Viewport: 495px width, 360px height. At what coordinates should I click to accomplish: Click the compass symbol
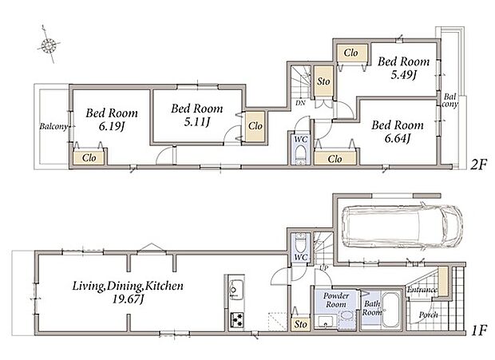click(49, 45)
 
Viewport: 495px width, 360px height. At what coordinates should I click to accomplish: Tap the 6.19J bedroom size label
click(112, 126)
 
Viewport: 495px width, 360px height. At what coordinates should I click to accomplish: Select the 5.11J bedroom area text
click(197, 121)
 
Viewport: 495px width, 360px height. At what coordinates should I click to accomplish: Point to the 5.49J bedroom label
click(404, 74)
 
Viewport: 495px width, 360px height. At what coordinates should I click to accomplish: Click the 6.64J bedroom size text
click(397, 138)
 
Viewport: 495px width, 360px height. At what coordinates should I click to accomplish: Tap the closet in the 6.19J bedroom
click(89, 157)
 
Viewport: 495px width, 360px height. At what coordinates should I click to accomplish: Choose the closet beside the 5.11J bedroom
click(255, 126)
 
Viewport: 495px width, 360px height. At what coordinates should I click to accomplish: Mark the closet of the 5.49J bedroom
click(351, 53)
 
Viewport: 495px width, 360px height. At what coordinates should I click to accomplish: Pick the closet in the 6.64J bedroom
click(335, 158)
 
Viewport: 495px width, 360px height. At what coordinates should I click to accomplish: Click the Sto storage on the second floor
click(323, 81)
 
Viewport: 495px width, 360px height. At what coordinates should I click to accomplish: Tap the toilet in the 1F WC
click(300, 243)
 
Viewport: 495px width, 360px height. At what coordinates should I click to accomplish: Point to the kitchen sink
click(236, 290)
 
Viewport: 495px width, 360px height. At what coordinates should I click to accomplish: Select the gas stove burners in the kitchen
click(236, 319)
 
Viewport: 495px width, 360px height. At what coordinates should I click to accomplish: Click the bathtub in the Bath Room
click(390, 311)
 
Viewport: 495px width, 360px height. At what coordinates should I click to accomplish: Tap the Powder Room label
click(336, 300)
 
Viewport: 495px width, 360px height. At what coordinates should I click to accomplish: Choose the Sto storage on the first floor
click(300, 324)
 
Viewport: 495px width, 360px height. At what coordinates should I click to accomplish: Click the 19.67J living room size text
click(128, 299)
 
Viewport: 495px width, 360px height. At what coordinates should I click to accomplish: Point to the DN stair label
click(300, 102)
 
